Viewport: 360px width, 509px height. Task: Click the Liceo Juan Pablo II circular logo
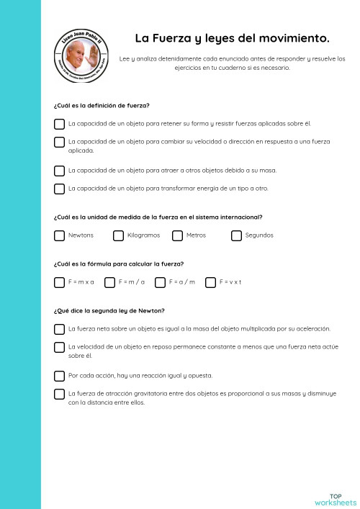[x=82, y=60]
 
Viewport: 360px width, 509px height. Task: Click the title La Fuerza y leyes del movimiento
[x=232, y=37]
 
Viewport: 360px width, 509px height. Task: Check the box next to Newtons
[x=59, y=235]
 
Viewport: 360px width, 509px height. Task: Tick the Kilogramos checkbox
[x=118, y=235]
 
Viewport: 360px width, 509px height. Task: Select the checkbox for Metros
[x=177, y=235]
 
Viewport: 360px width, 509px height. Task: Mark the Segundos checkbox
[x=236, y=235]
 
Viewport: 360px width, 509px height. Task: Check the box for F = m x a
[x=59, y=282]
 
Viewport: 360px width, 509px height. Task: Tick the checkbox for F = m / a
[x=109, y=282]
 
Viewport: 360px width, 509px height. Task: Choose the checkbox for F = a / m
[x=160, y=282]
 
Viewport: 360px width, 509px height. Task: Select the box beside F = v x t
[x=210, y=282]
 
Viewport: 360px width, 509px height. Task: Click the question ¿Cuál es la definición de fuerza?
[x=102, y=106]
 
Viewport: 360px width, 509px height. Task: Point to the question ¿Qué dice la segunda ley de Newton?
[x=109, y=311]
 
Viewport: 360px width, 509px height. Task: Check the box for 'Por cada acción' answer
[x=59, y=376]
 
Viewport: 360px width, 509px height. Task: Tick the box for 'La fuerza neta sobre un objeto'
[x=59, y=329]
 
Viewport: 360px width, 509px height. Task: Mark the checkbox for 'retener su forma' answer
[x=59, y=124]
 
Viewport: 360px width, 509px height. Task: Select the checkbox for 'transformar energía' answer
[x=59, y=189]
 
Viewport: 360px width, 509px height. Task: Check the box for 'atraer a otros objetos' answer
[x=59, y=171]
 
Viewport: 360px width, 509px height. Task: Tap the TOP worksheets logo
[x=336, y=499]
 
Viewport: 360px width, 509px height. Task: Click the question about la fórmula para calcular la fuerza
[x=118, y=264]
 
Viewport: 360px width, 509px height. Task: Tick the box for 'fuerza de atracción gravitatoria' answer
[x=59, y=394]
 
